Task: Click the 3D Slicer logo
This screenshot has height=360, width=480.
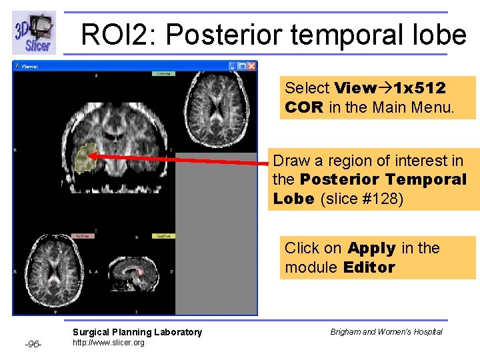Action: (33, 33)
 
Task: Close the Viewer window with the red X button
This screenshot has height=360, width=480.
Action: (252, 67)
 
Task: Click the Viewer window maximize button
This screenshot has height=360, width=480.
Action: (242, 67)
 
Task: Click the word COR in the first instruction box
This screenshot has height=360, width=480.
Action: (303, 107)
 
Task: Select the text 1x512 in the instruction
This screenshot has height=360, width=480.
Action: (420, 88)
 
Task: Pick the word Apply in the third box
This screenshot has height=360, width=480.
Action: (371, 249)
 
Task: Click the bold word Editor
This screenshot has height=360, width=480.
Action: (369, 267)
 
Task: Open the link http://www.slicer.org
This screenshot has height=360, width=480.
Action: (108, 343)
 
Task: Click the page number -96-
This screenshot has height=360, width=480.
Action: (33, 344)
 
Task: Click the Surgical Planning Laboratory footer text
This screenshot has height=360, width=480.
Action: (137, 332)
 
